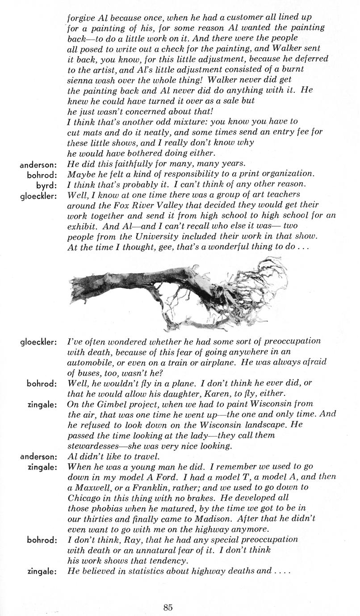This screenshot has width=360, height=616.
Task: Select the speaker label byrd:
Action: click(47, 184)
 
